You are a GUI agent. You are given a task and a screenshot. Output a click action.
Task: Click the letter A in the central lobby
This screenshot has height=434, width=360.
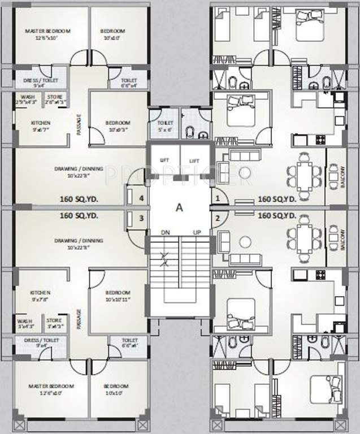[x=180, y=207]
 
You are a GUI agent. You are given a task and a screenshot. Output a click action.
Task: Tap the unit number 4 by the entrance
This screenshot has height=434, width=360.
[x=142, y=199]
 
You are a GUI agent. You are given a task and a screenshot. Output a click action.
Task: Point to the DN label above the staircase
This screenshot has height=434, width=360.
[x=165, y=233]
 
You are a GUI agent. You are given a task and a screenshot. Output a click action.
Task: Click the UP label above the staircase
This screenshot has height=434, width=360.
[x=197, y=233]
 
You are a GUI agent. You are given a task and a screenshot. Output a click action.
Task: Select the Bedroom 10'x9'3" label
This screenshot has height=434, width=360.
[x=118, y=125]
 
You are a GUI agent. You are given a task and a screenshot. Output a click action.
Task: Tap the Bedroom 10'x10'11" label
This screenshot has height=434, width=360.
[x=118, y=295]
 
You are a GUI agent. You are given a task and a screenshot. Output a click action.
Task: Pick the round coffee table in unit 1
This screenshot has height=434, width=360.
[x=244, y=173]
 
